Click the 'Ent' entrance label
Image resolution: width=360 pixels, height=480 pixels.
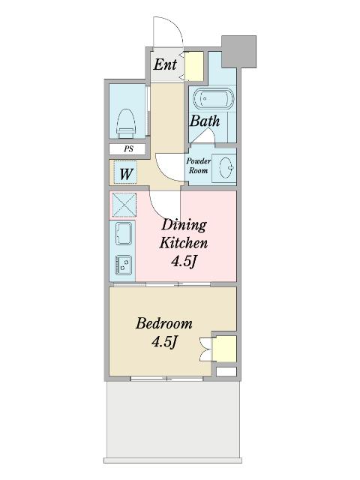click(x=165, y=64)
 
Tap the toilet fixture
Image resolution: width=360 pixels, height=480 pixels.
click(x=127, y=124)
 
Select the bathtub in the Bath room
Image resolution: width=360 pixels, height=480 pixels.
click(x=213, y=98)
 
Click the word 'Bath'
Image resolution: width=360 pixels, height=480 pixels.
click(x=205, y=121)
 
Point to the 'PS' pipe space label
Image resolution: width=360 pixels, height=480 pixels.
click(x=128, y=149)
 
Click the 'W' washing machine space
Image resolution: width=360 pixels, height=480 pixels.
click(x=126, y=173)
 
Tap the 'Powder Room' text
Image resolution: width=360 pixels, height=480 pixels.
click(x=198, y=166)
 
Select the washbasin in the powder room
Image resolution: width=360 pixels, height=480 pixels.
click(x=226, y=167)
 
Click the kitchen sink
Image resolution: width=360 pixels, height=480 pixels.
click(x=124, y=233)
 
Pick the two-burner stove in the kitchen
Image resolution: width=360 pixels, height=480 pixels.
click(x=123, y=265)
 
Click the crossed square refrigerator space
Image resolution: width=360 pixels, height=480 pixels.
click(x=124, y=205)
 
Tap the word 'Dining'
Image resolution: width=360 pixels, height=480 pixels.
click(x=184, y=226)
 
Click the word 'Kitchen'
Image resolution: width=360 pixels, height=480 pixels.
click(x=183, y=243)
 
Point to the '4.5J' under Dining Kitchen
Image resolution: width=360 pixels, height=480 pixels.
click(x=183, y=262)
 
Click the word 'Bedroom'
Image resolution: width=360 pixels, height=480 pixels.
click(x=164, y=323)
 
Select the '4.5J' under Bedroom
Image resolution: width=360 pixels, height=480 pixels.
click(x=164, y=341)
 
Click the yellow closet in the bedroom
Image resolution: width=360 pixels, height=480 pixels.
click(x=225, y=349)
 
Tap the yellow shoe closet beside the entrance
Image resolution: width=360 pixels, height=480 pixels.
click(x=194, y=66)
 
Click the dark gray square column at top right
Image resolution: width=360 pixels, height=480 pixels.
click(x=238, y=52)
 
